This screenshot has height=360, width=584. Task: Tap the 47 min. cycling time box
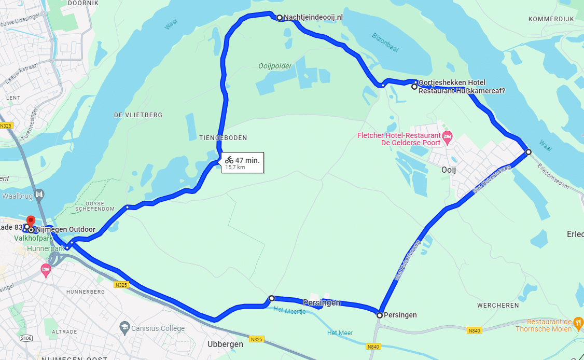[242, 162]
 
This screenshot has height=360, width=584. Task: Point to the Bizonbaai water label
[385, 43]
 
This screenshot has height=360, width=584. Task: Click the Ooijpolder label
[275, 66]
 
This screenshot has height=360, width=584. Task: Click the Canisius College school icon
[124, 327]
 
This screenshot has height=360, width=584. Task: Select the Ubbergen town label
[225, 344]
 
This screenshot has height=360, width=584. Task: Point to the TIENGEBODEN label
[223, 138]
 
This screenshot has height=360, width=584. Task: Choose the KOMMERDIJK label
[551, 19]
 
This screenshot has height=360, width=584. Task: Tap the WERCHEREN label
[498, 306]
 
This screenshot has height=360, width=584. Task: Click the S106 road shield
[26, 338]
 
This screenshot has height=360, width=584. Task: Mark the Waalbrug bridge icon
[39, 195]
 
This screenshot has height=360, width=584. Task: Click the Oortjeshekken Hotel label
[451, 82]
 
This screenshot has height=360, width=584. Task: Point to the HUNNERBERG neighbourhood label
[85, 292]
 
